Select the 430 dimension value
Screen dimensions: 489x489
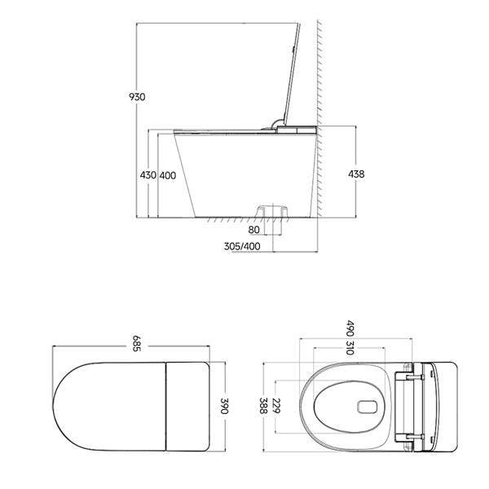(148, 175)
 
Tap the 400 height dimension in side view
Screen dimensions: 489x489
(168, 175)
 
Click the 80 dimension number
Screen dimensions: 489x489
(255, 230)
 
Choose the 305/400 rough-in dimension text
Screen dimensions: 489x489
(242, 246)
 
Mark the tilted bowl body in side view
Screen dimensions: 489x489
(244, 175)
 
